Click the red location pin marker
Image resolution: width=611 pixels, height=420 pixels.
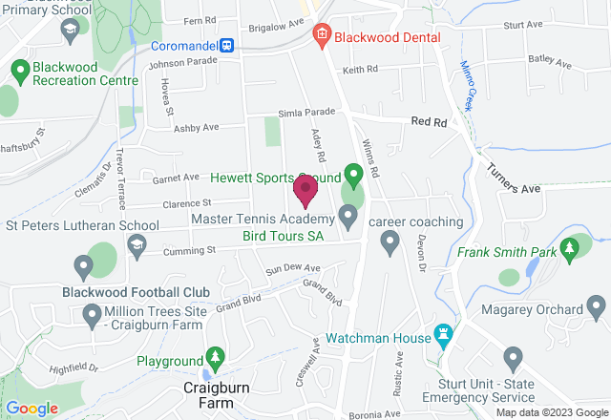coord(305,190)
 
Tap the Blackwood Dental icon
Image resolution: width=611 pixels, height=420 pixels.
coord(322,36)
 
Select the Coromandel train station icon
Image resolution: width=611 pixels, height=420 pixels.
coord(227,44)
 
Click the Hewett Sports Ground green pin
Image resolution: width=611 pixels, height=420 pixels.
coord(353,175)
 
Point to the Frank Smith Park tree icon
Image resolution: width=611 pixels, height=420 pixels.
coord(571,250)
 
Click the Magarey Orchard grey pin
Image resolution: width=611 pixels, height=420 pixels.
coord(597,307)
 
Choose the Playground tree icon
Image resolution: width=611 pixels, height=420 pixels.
coord(216,359)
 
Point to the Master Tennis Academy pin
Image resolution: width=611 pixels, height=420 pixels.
coord(348,219)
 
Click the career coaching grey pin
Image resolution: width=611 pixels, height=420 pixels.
coord(389,244)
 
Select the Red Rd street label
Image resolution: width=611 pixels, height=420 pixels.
coord(429,122)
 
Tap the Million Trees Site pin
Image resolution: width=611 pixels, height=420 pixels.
coord(93,313)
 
